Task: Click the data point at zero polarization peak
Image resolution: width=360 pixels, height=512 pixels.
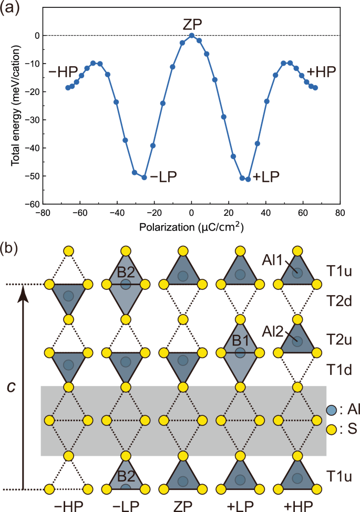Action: point(191,35)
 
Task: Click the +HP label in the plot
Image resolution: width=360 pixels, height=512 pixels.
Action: point(321,71)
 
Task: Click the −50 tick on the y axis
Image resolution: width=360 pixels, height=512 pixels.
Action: point(32,176)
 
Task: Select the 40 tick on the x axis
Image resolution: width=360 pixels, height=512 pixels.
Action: point(266,213)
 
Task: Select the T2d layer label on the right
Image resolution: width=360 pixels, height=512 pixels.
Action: point(334,302)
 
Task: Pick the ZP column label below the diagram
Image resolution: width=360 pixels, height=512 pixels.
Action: point(182,505)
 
